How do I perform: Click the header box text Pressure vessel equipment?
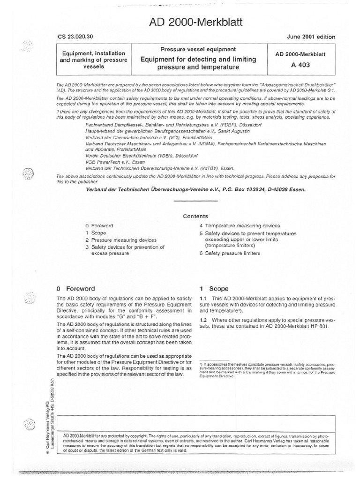pos(198,49)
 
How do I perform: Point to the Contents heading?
pos(196,216)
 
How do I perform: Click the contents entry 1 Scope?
pos(96,233)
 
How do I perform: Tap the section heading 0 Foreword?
pos(75,289)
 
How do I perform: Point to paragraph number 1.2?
pos(204,320)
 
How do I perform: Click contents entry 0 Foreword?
pos(99,225)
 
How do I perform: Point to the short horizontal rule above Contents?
pos(196,202)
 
